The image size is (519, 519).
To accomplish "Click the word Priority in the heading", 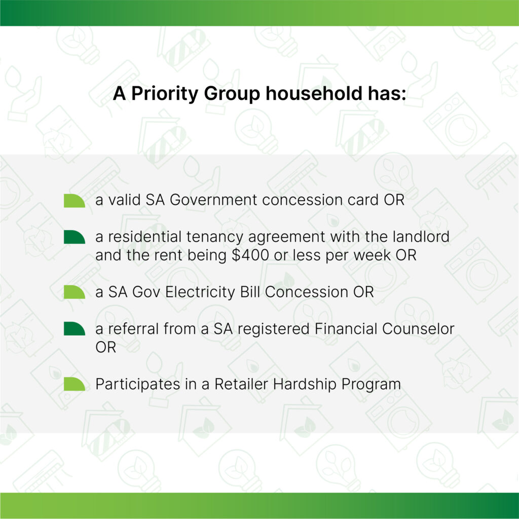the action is click(165, 94).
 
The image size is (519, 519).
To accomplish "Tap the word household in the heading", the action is click(314, 93).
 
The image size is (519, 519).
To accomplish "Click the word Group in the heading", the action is click(232, 94).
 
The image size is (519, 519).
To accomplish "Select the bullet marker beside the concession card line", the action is click(75, 201).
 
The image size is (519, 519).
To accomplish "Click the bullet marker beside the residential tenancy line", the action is click(75, 237).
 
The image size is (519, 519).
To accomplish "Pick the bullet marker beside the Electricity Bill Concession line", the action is click(75, 292).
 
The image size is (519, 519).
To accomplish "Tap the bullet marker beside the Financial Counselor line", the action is click(75, 328).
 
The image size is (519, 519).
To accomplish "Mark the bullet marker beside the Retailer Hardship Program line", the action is click(75, 384).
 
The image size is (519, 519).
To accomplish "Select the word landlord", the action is click(421, 237).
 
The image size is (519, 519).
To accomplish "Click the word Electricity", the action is click(200, 292).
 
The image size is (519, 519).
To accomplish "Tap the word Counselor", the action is click(418, 328).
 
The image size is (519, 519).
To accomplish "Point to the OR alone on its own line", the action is click(106, 348).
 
